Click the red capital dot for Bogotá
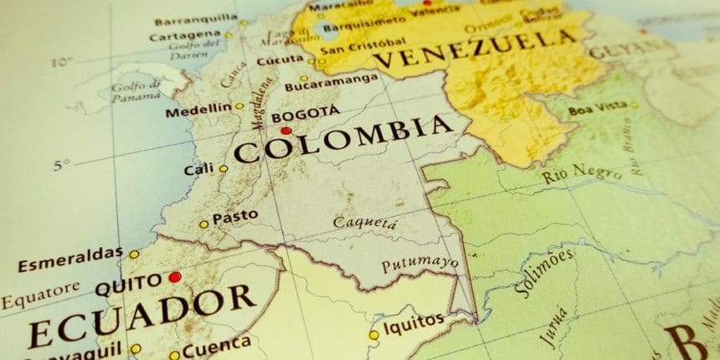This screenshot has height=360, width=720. [286, 131]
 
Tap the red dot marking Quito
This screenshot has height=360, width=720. [174, 276]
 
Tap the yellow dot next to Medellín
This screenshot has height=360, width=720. [239, 106]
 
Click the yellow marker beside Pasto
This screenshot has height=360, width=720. [203, 224]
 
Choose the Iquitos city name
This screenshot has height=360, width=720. [414, 322]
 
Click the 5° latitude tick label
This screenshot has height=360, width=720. [59, 165]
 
